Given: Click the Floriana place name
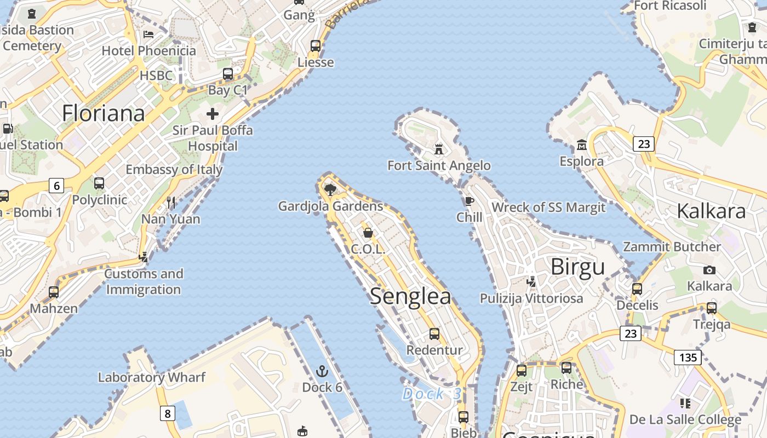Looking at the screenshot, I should point(103,113).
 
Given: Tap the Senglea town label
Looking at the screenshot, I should point(410,296).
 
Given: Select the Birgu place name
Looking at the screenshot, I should point(577,267).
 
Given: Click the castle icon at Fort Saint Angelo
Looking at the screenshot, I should point(438,149).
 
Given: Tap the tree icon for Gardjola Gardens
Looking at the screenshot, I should point(330,190).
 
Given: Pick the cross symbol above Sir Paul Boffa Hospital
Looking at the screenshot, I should point(213,114).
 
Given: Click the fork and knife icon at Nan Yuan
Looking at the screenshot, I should point(171,203).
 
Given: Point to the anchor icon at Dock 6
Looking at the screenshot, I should point(322,371).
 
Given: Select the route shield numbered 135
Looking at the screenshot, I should point(688,358).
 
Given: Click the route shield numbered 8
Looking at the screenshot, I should point(168,413).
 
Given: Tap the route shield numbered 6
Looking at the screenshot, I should point(56,186).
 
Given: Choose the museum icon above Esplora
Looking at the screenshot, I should point(582,145).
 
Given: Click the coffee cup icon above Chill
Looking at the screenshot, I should point(469,201).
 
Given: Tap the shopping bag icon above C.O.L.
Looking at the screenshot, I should point(368,233).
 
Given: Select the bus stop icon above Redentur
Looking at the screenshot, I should point(434,333).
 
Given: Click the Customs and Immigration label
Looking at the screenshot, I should point(144,281).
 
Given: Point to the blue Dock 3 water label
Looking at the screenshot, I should point(432,394).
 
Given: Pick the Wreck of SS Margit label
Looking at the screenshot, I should point(548,208).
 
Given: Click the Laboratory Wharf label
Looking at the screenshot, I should point(152,377).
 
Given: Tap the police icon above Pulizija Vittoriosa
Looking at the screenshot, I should point(531,282).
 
